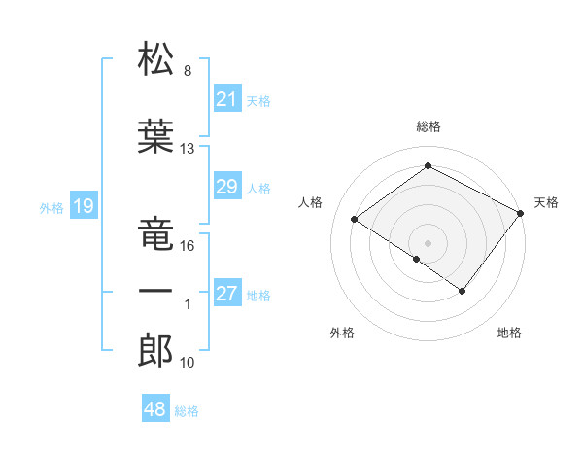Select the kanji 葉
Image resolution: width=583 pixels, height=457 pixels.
(156, 137)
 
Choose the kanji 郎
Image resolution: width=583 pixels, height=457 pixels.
(156, 351)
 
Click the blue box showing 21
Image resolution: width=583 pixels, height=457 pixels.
(227, 99)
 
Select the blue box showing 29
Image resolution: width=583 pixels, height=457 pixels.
(227, 187)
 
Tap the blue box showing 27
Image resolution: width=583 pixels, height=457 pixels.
(227, 295)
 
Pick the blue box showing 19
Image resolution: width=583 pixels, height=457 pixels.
(83, 206)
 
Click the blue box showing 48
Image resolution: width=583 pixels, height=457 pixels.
(155, 409)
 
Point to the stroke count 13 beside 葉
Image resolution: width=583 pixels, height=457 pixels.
(188, 149)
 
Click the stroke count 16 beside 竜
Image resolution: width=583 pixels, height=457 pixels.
(188, 246)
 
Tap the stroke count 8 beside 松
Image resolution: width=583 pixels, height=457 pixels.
(188, 71)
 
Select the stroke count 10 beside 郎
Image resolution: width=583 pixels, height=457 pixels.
(188, 363)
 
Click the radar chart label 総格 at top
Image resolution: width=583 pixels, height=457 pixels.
(428, 126)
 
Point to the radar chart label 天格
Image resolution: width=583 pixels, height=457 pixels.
(546, 202)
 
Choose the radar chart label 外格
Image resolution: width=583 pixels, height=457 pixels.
(342, 333)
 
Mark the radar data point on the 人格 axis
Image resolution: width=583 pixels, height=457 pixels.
(355, 219)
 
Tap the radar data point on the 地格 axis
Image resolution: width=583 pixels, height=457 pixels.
(463, 291)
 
